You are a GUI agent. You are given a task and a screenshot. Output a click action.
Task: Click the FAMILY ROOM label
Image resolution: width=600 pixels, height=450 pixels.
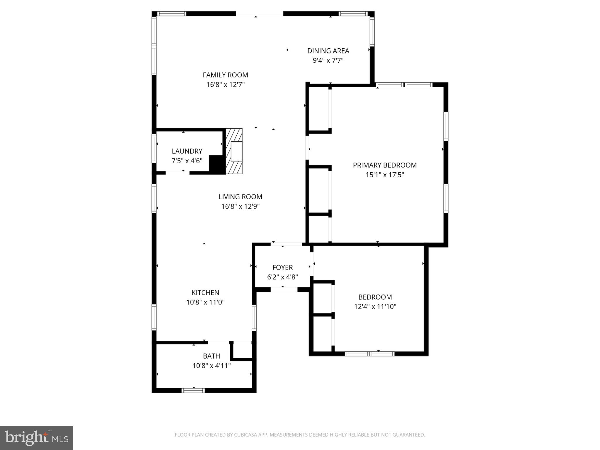(225, 75)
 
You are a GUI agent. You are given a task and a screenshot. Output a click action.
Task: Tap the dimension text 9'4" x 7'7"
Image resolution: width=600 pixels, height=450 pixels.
(328, 61)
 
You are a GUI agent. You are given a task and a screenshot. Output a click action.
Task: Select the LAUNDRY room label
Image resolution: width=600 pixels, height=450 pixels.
(187, 151)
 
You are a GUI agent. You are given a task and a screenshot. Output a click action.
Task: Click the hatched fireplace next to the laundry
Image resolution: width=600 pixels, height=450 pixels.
(234, 151)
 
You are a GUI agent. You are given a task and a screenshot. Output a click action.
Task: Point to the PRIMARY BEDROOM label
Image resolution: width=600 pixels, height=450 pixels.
(385, 165)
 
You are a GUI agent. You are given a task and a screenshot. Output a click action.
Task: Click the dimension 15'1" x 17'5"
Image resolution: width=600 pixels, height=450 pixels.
(385, 175)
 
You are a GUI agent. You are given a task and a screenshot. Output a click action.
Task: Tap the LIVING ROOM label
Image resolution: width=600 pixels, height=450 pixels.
(240, 197)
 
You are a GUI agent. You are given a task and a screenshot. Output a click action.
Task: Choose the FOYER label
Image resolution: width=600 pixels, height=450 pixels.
(282, 267)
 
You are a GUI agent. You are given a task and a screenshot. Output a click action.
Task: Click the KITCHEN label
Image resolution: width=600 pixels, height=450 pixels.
(205, 293)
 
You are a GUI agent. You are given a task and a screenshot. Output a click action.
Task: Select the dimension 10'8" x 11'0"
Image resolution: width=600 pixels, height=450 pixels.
(205, 302)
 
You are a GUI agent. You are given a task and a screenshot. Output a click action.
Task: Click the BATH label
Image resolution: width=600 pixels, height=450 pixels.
(211, 356)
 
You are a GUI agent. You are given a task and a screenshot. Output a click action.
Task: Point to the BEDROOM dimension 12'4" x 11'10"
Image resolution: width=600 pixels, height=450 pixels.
(375, 307)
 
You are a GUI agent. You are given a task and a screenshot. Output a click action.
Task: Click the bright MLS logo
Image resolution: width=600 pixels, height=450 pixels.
(37, 438)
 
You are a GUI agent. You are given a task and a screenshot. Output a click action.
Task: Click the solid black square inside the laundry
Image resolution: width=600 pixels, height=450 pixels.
(217, 164)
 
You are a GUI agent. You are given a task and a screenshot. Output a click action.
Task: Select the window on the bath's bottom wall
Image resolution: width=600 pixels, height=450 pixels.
(193, 390)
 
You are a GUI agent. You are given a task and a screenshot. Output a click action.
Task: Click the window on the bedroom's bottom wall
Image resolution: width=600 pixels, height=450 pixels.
(369, 354)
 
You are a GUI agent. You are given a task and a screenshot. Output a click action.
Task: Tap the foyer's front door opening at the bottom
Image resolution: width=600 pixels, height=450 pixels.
(284, 290)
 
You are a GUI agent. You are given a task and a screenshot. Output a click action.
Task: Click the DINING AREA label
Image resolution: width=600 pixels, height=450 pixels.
(328, 51)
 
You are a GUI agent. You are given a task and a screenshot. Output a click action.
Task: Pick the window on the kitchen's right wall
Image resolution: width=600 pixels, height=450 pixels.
(254, 318)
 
